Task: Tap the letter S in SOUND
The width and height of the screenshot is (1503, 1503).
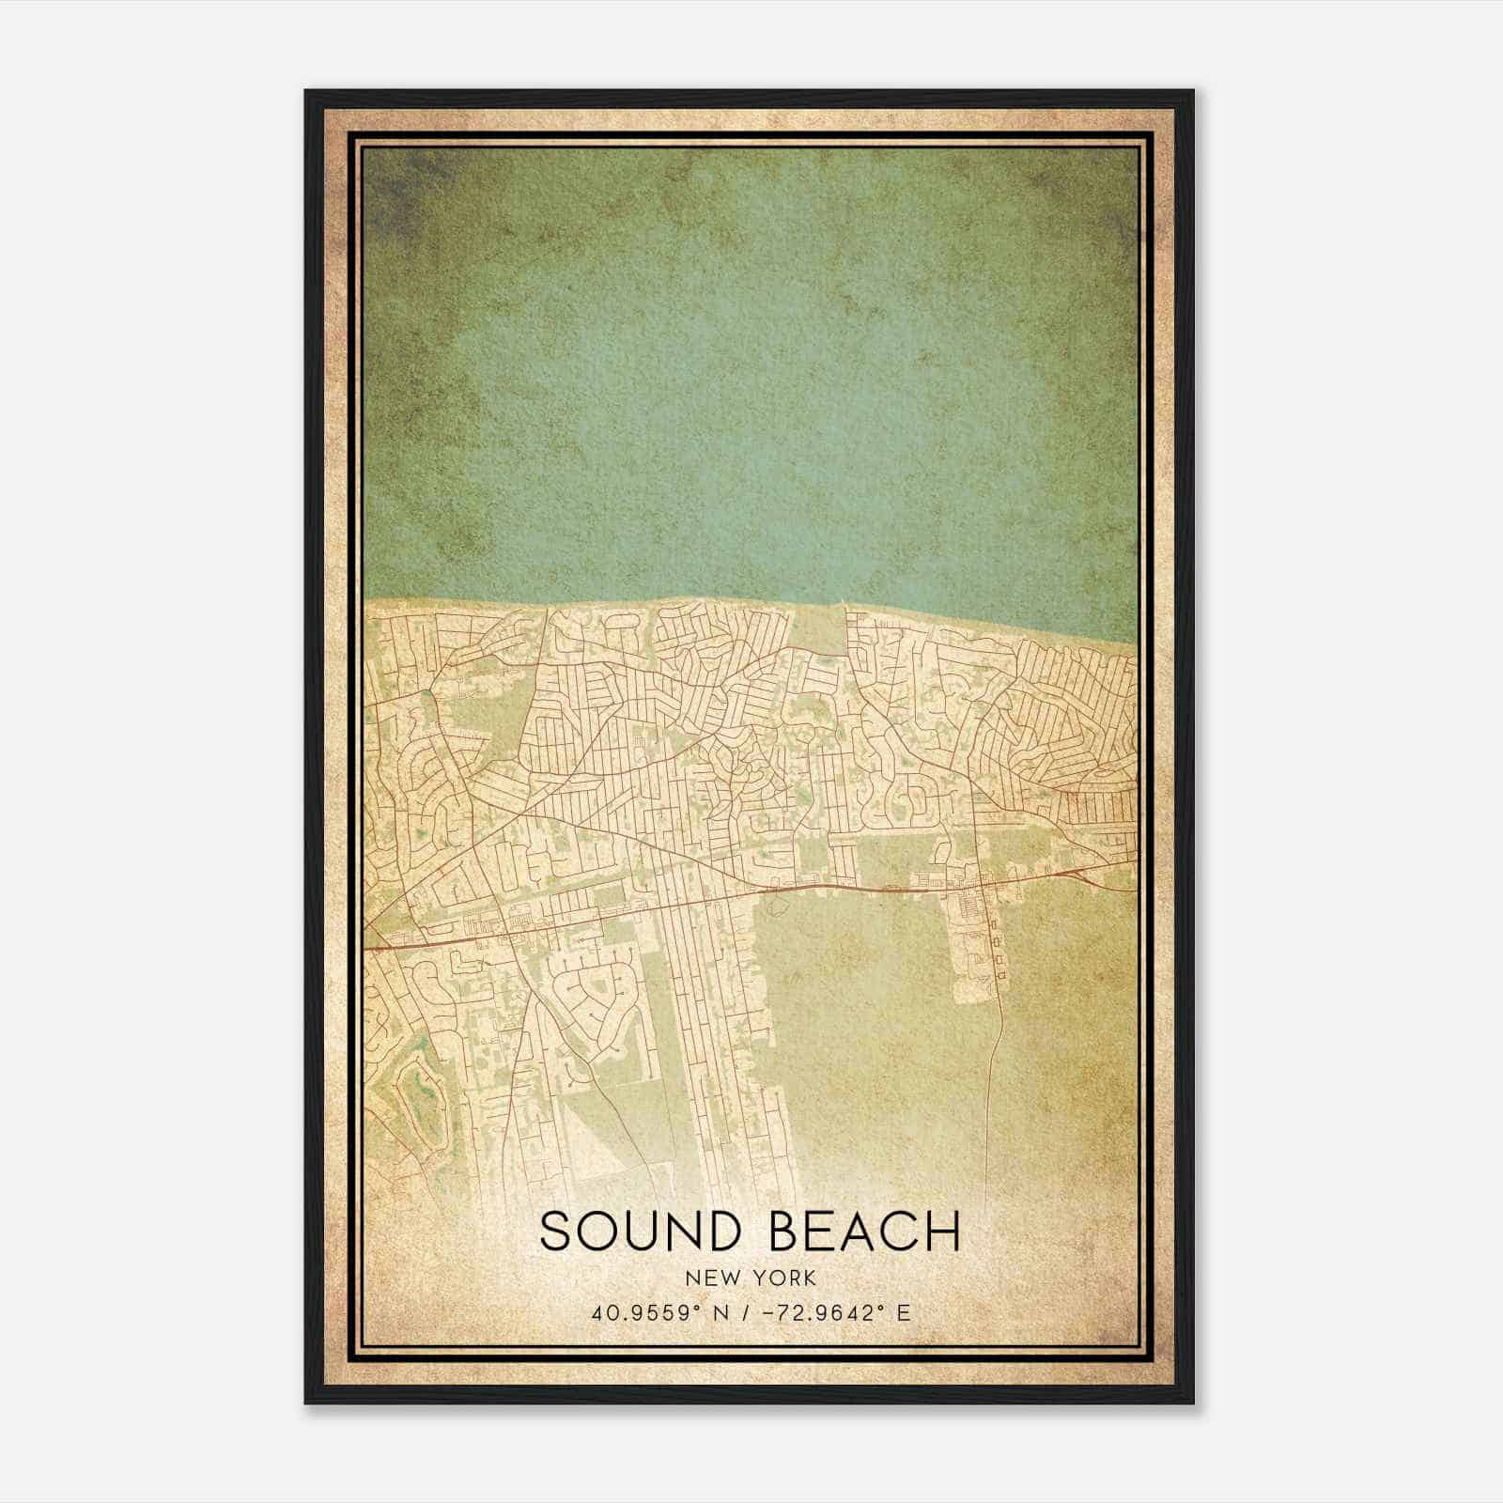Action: pos(556,1232)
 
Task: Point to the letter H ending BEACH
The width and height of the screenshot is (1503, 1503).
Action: pos(943,1232)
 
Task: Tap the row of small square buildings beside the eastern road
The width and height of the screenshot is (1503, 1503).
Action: pos(997,950)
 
